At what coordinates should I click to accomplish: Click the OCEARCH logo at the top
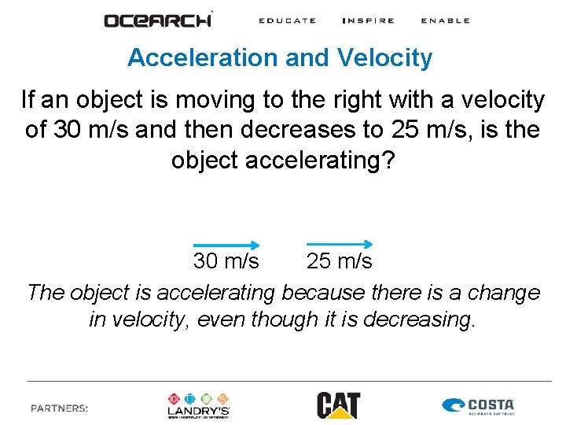158,20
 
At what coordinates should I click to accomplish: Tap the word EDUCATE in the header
287,20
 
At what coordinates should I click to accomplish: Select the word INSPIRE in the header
368,20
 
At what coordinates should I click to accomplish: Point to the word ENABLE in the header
445,20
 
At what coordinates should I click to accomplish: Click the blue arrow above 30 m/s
226,245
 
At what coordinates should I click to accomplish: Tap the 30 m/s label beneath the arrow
226,261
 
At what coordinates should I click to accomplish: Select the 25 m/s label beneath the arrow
340,261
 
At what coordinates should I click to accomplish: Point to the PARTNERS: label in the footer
60,408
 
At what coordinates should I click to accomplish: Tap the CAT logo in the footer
338,405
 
